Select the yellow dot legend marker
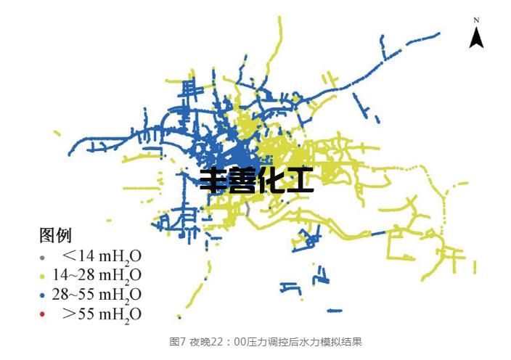coord(42,277)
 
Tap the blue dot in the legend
coord(42,295)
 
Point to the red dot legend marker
coord(42,314)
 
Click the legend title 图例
coord(55,235)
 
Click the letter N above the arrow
coord(476,20)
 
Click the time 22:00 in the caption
coord(232,341)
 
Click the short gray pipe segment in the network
coord(248,208)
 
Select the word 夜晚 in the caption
coord(200,341)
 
